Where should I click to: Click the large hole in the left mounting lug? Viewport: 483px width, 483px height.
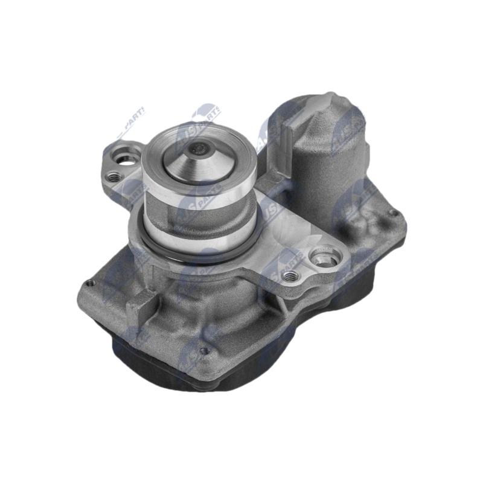tap(126, 159)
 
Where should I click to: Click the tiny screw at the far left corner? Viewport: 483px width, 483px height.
tap(89, 283)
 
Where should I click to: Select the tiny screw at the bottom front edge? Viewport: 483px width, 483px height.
tap(204, 350)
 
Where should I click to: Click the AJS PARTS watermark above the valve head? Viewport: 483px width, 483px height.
tap(205, 115)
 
